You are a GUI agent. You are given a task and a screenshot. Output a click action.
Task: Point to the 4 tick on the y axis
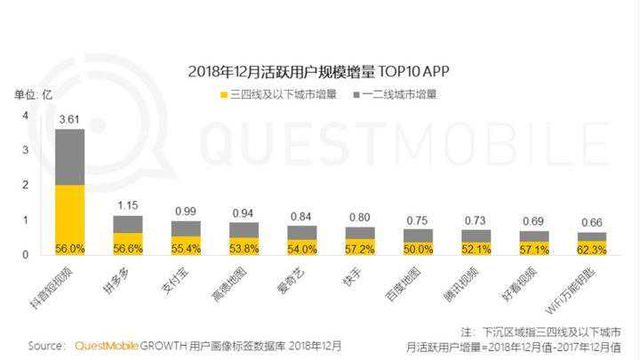[26, 116]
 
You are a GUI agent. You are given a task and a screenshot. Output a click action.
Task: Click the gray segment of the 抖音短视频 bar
[70, 156]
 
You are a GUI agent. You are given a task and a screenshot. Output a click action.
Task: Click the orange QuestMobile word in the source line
[105, 345]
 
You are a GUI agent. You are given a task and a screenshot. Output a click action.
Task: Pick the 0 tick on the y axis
[26, 254]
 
